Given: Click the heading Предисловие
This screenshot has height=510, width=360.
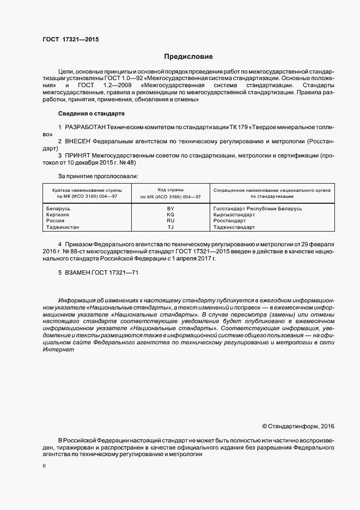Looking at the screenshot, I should (188, 57).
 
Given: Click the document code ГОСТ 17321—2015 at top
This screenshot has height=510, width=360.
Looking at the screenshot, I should (70, 39).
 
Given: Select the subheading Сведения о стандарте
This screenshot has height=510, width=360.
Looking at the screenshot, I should (91, 113).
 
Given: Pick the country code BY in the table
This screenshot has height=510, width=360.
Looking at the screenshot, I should (170, 209).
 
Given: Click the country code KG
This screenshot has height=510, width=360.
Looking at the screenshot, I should (170, 215).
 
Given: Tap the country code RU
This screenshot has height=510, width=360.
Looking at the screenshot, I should (170, 221).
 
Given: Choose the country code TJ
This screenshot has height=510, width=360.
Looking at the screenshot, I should (170, 227).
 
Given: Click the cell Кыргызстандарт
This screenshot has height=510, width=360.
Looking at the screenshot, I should (235, 215).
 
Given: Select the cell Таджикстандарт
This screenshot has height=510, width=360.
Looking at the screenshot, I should (236, 227).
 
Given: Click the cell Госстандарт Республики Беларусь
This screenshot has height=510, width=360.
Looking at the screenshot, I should (258, 209).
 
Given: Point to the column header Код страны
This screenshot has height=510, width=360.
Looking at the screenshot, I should (170, 189).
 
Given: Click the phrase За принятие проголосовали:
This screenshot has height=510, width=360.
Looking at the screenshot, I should (98, 176).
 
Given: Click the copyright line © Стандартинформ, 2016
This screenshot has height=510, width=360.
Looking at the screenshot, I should (298, 426).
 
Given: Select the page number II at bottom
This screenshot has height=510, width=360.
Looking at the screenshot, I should (44, 466).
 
